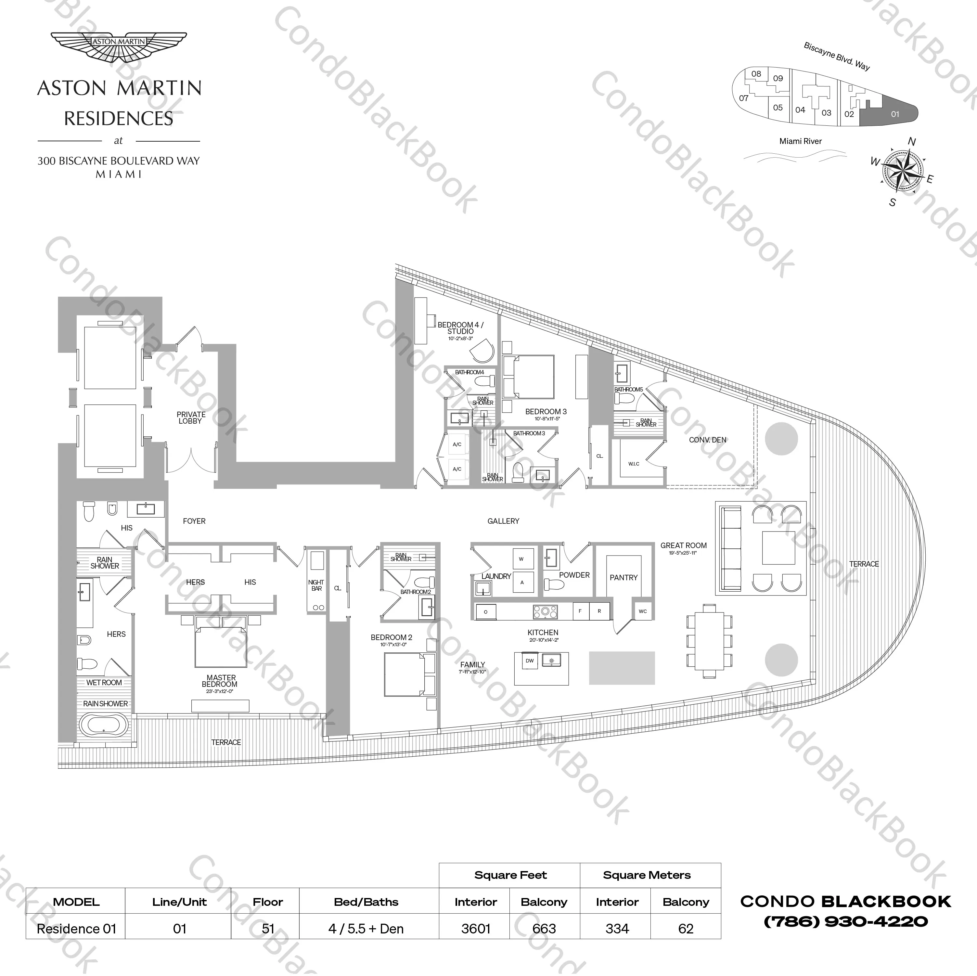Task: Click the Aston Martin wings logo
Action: [119, 46]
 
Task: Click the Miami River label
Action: [801, 141]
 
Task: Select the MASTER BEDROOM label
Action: [221, 681]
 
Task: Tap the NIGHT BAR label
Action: [316, 585]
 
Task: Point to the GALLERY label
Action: [503, 521]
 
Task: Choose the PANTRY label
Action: [623, 577]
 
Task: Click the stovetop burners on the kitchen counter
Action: [545, 612]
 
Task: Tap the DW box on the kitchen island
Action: [530, 661]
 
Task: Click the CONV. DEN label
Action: [707, 440]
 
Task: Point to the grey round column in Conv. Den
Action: [781, 438]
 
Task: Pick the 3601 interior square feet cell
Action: [475, 929]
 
